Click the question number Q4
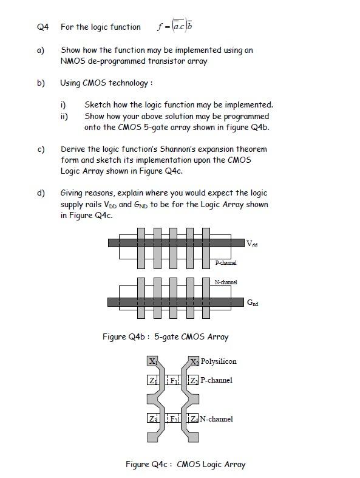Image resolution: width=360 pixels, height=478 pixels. [x=42, y=27]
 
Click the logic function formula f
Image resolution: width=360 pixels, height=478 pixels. [x=175, y=26]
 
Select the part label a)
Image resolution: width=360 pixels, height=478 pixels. [x=41, y=50]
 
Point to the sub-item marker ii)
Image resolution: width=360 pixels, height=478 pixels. [x=64, y=116]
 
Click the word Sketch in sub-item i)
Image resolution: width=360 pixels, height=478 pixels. [x=97, y=104]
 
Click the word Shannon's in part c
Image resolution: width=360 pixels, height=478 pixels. [x=174, y=149]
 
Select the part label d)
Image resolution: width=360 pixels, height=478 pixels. [x=41, y=193]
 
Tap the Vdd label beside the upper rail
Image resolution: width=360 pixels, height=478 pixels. [x=253, y=244]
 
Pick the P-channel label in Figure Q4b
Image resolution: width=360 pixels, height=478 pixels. [x=226, y=263]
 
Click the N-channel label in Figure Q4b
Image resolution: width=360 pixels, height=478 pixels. [x=226, y=282]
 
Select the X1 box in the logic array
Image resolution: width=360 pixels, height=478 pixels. [x=152, y=361]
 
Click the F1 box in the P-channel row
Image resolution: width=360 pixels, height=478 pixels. [x=173, y=381]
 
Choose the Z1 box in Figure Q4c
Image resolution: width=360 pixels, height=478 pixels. [x=152, y=381]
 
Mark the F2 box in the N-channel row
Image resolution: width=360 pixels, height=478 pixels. [x=173, y=418]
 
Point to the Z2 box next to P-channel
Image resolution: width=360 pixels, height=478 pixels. [x=194, y=381]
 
